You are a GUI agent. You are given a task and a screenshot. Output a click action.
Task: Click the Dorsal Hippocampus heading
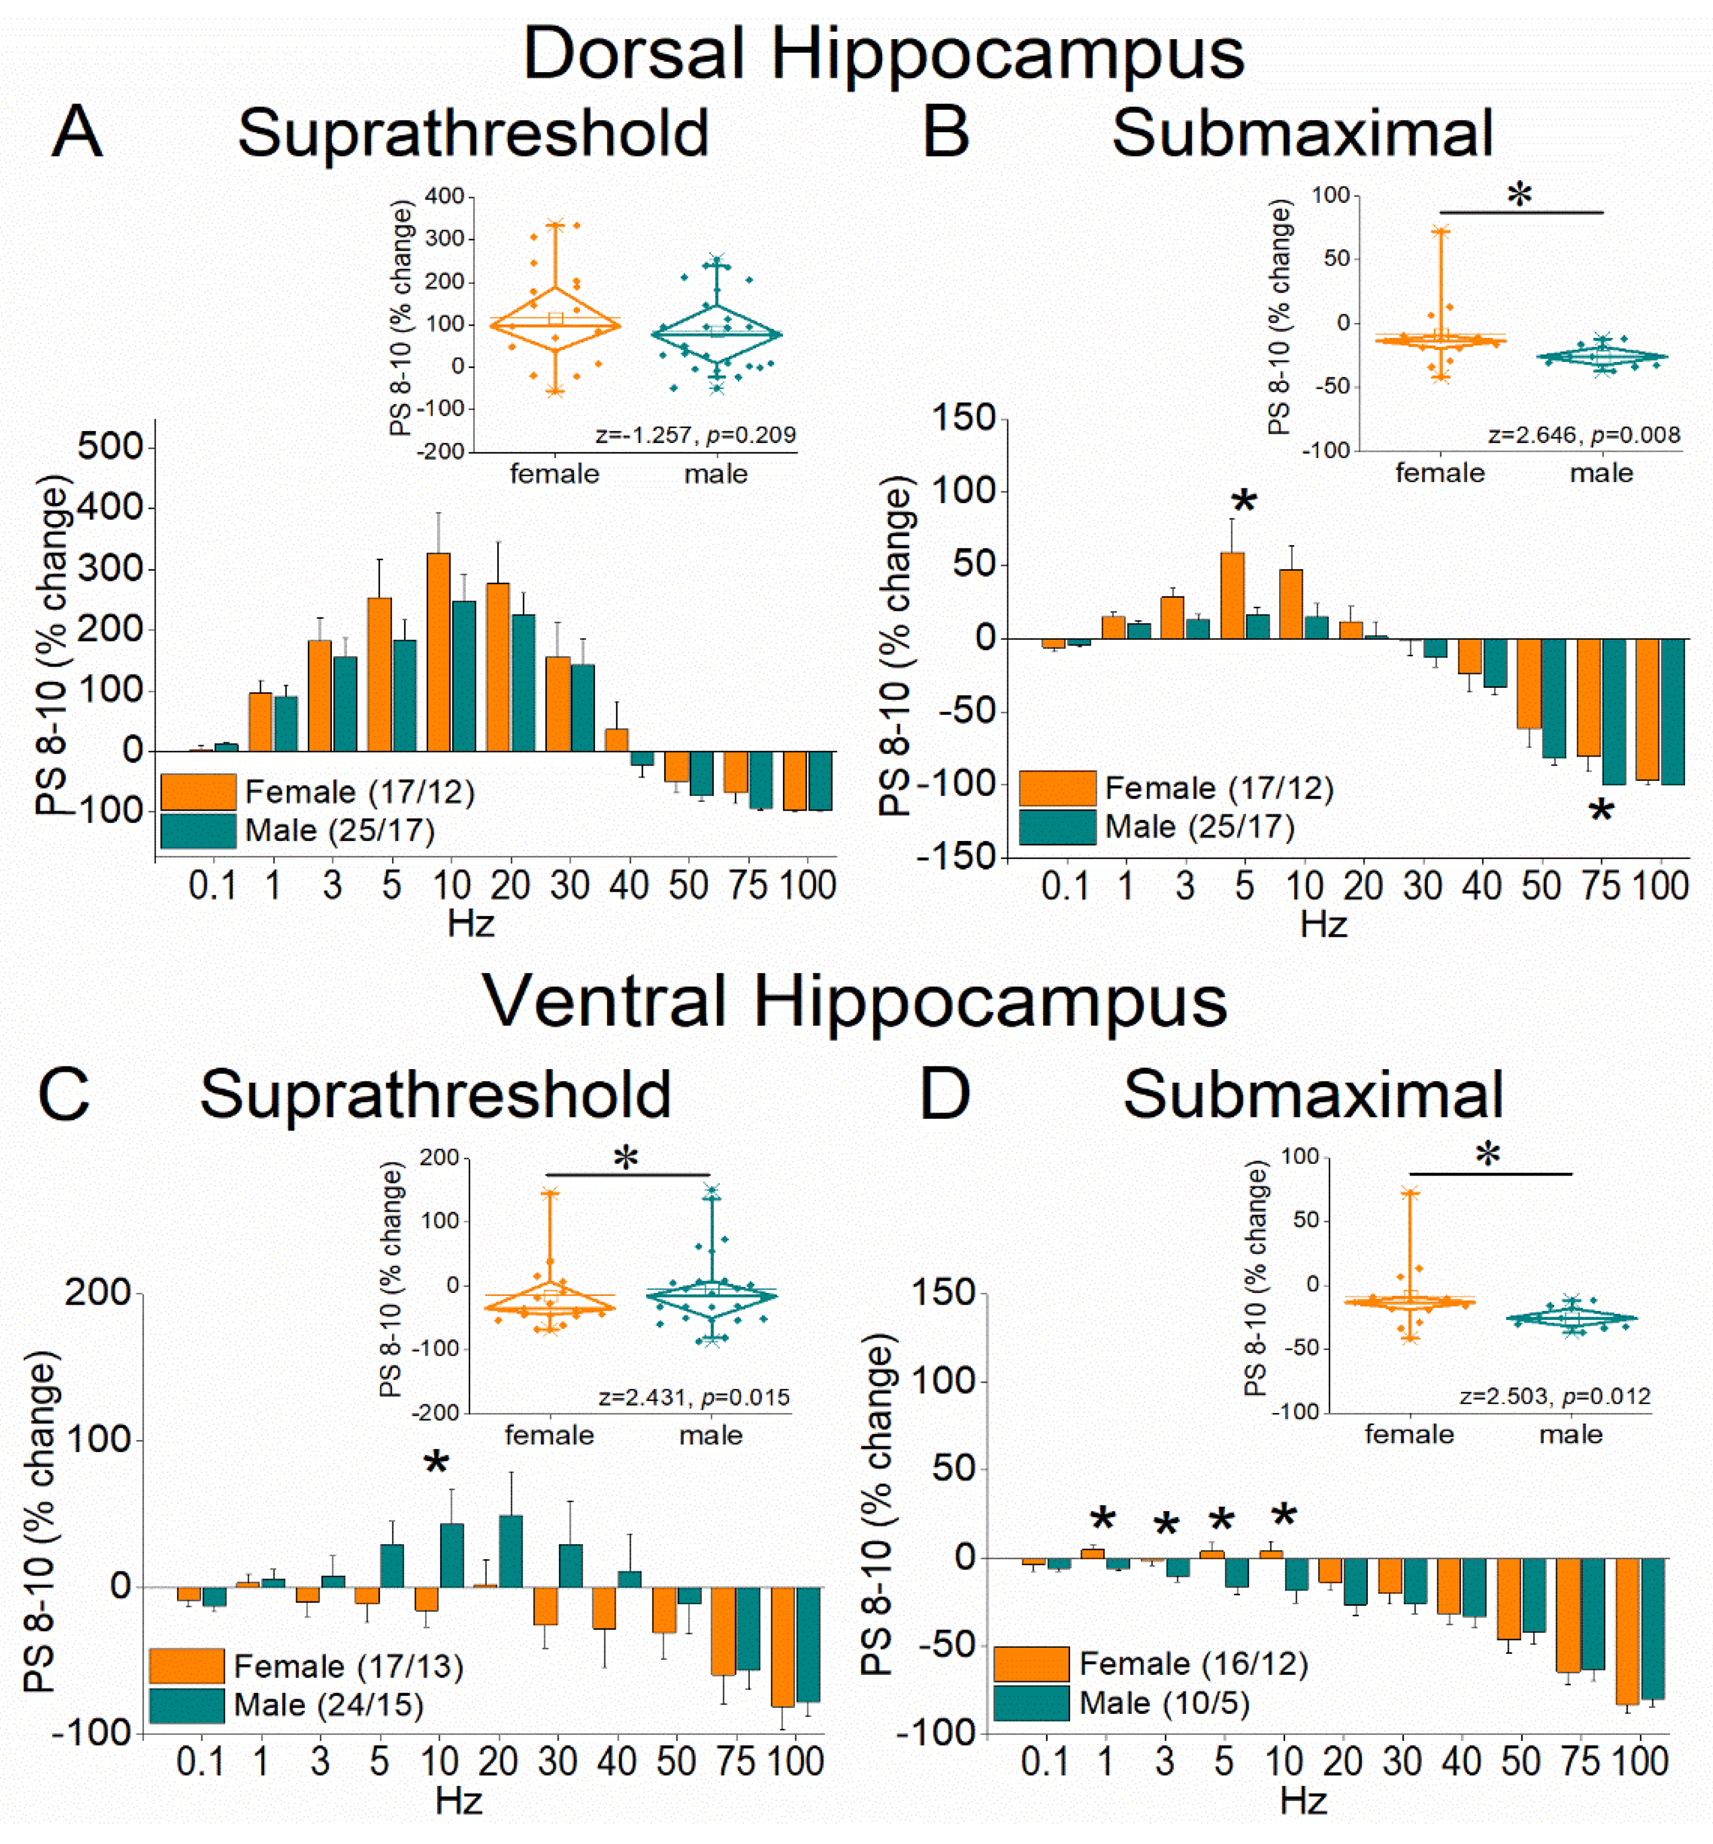click(883, 54)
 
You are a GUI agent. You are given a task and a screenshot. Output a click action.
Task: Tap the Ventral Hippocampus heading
click(855, 1002)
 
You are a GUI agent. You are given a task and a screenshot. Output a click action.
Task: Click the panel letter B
click(946, 132)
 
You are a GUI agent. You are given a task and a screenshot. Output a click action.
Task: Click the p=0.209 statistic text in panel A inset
click(751, 435)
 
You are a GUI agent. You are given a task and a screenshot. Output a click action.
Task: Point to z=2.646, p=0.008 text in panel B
click(1583, 435)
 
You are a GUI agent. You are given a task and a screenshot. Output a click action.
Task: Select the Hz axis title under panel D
click(1302, 1802)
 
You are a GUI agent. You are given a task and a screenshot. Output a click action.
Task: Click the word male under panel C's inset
click(711, 1435)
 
